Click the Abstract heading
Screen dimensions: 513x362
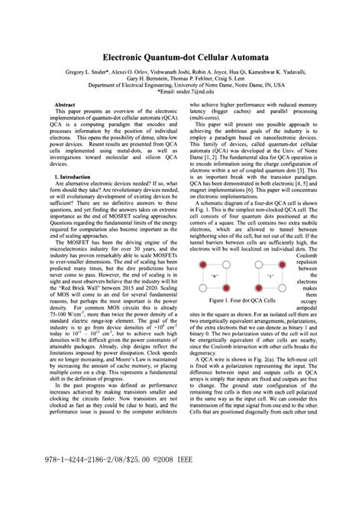[x=57, y=103]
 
